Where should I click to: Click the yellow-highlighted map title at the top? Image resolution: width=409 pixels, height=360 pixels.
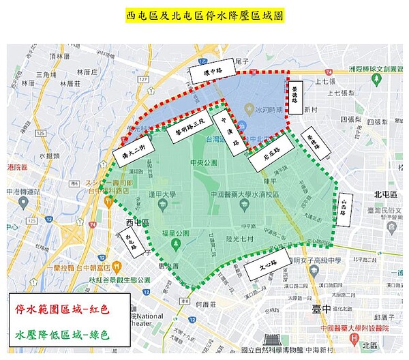tap(204, 14)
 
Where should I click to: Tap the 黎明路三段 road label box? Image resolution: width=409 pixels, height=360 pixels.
tap(190, 128)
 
